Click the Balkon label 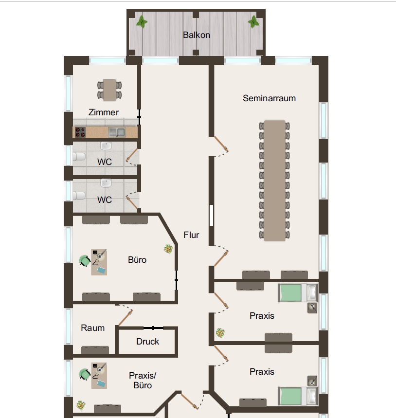pyautogui.click(x=197, y=35)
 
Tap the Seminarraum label pyautogui.click(x=269, y=98)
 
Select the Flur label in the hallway pyautogui.click(x=191, y=235)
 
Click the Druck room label pyautogui.click(x=147, y=342)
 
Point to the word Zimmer pyautogui.click(x=104, y=112)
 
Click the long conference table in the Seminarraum pyautogui.click(x=275, y=181)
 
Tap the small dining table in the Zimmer pyautogui.click(x=109, y=90)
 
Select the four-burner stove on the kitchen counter pyautogui.click(x=80, y=132)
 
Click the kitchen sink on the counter pyautogui.click(x=117, y=132)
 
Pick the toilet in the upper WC pyautogui.click(x=79, y=157)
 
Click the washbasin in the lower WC pyautogui.click(x=106, y=183)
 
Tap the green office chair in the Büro pyautogui.click(x=85, y=261)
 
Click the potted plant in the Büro pyautogui.click(x=168, y=249)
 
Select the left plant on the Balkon pyautogui.click(x=142, y=21)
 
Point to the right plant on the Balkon pyautogui.click(x=253, y=21)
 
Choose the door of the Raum pyautogui.click(x=125, y=318)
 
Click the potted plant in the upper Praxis pyautogui.click(x=220, y=333)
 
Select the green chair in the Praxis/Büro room pyautogui.click(x=85, y=374)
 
